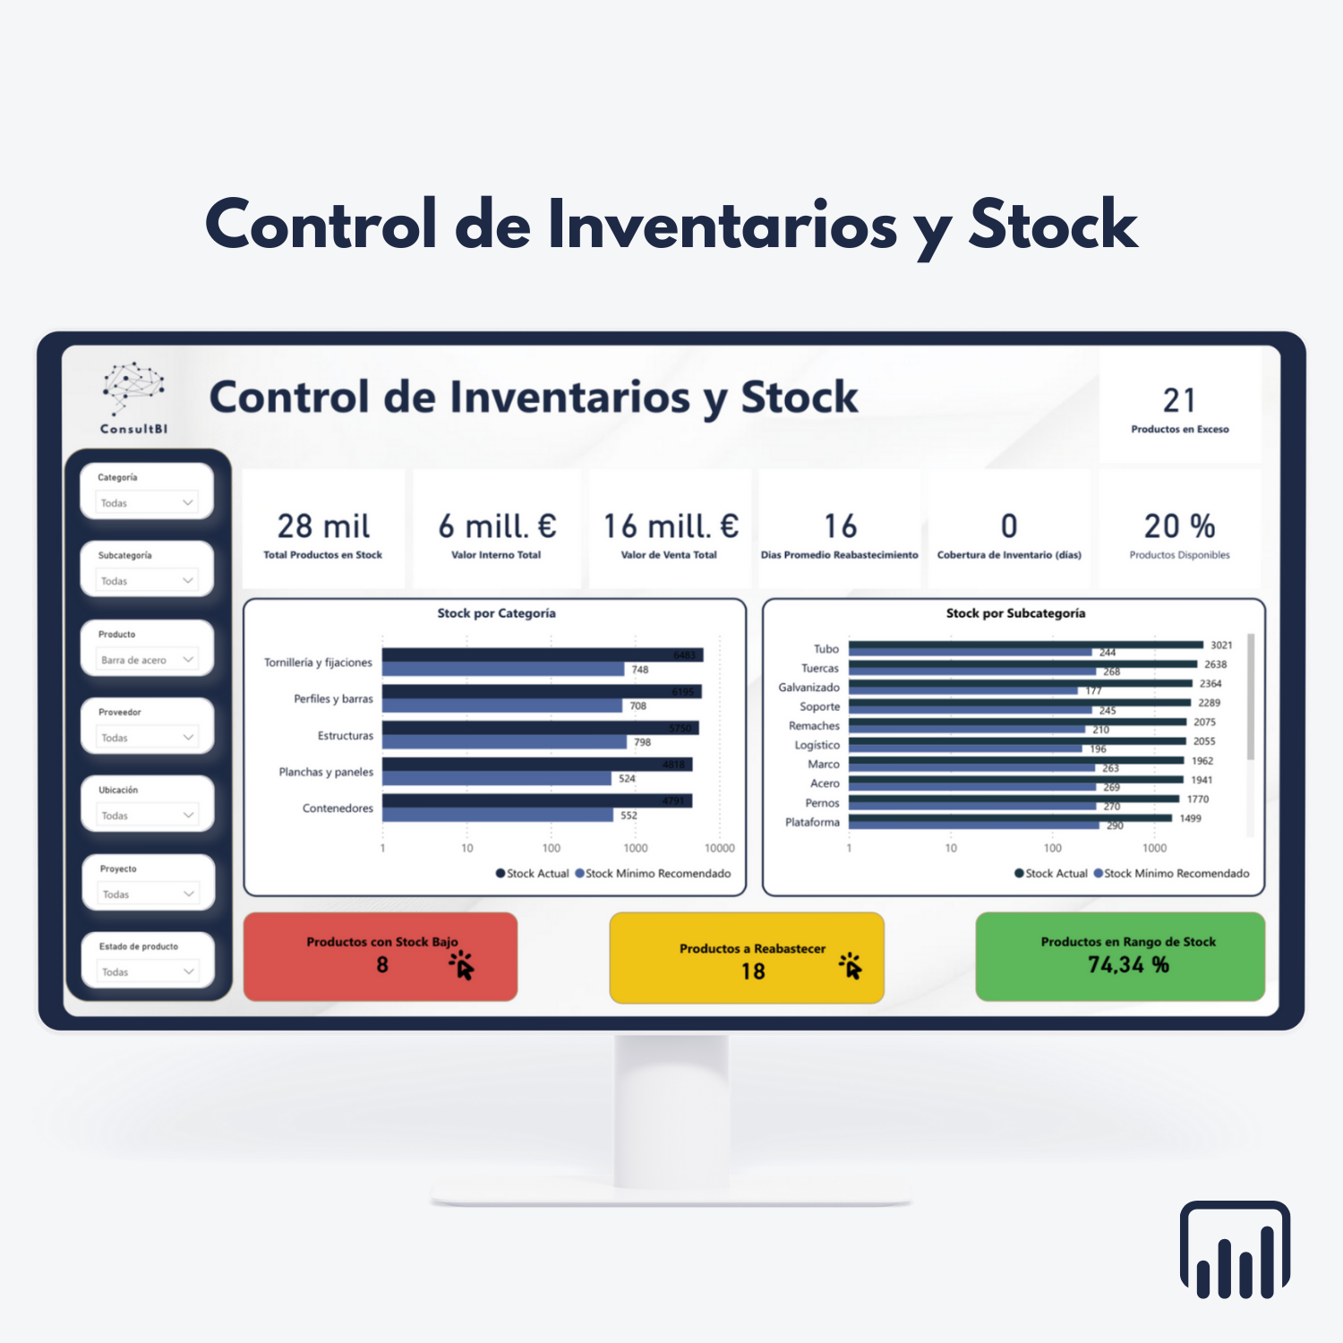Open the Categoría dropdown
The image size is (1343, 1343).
(x=147, y=502)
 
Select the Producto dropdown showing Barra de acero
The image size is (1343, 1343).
(x=147, y=660)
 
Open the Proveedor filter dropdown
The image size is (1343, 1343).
(x=147, y=738)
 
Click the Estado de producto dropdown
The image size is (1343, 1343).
(x=147, y=971)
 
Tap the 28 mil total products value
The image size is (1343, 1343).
(x=323, y=526)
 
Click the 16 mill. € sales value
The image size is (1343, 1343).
(x=671, y=526)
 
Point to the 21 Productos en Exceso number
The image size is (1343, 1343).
(x=1179, y=400)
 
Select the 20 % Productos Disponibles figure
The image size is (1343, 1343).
(x=1179, y=526)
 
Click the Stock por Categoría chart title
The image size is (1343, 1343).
(x=496, y=613)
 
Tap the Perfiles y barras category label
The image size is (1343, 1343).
(x=333, y=699)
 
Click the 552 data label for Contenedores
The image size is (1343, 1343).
(x=629, y=816)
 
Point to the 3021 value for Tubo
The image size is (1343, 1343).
(x=1221, y=646)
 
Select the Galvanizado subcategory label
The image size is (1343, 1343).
(x=808, y=688)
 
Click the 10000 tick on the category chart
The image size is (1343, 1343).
(x=719, y=848)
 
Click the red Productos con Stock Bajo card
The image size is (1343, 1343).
(x=381, y=956)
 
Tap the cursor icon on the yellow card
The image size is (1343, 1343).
(x=850, y=966)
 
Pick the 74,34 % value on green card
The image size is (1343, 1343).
(x=1128, y=965)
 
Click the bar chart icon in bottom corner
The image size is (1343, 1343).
(x=1235, y=1250)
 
